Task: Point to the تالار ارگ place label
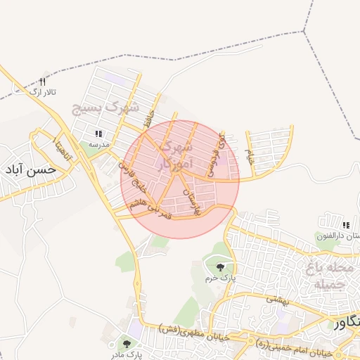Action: (x=41, y=92)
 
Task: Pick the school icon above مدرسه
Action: (x=98, y=133)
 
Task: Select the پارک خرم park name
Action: (x=221, y=278)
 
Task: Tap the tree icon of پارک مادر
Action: (x=127, y=343)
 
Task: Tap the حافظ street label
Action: (x=146, y=117)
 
